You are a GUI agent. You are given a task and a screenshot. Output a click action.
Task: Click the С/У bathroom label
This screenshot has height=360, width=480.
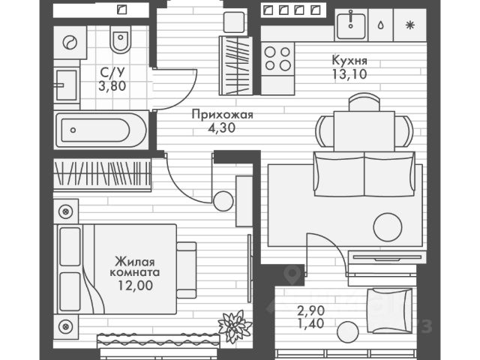click(x=112, y=73)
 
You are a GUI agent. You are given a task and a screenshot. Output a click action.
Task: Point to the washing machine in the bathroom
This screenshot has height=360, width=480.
click(x=70, y=43)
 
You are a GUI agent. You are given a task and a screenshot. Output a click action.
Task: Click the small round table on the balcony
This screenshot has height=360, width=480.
click(x=346, y=330)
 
